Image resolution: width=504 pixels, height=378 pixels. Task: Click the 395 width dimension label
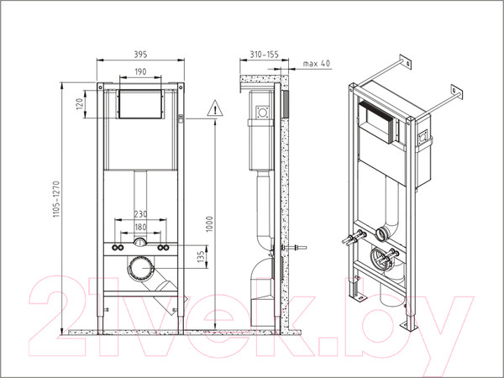click(141, 53)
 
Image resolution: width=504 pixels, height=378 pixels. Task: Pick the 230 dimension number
click(140, 214)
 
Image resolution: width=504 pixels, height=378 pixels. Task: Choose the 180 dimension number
click(140, 227)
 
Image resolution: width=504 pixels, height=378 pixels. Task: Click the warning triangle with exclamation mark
click(215, 108)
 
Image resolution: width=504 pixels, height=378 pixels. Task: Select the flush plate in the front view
click(141, 106)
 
